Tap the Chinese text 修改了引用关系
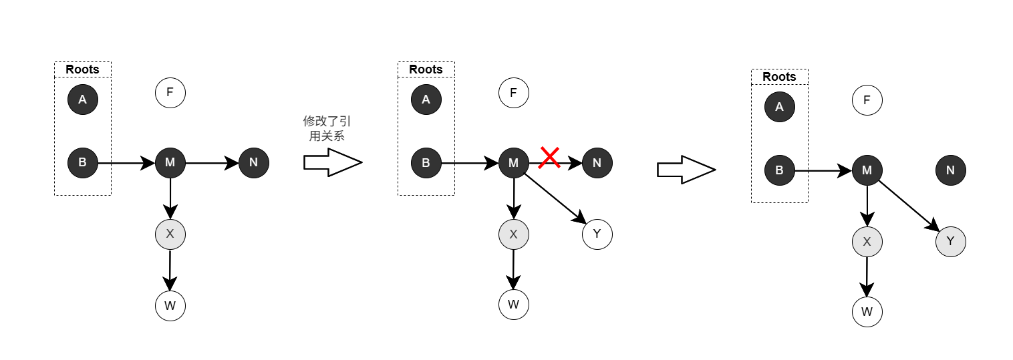[x=327, y=128]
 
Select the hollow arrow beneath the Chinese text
[x=332, y=162]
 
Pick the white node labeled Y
[x=597, y=234]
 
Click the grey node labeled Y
[x=951, y=242]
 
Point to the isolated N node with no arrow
[x=951, y=170]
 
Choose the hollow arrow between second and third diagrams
[x=686, y=170]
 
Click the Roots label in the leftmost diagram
[x=83, y=69]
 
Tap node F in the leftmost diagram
[x=170, y=93]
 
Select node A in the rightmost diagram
[x=779, y=106]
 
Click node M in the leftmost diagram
[x=170, y=162]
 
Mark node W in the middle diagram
[x=514, y=305]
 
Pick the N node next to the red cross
[x=597, y=162]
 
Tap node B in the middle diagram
[x=426, y=162]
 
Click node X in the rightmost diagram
[x=867, y=242]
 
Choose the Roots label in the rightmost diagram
[x=779, y=77]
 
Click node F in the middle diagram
[x=514, y=93]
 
